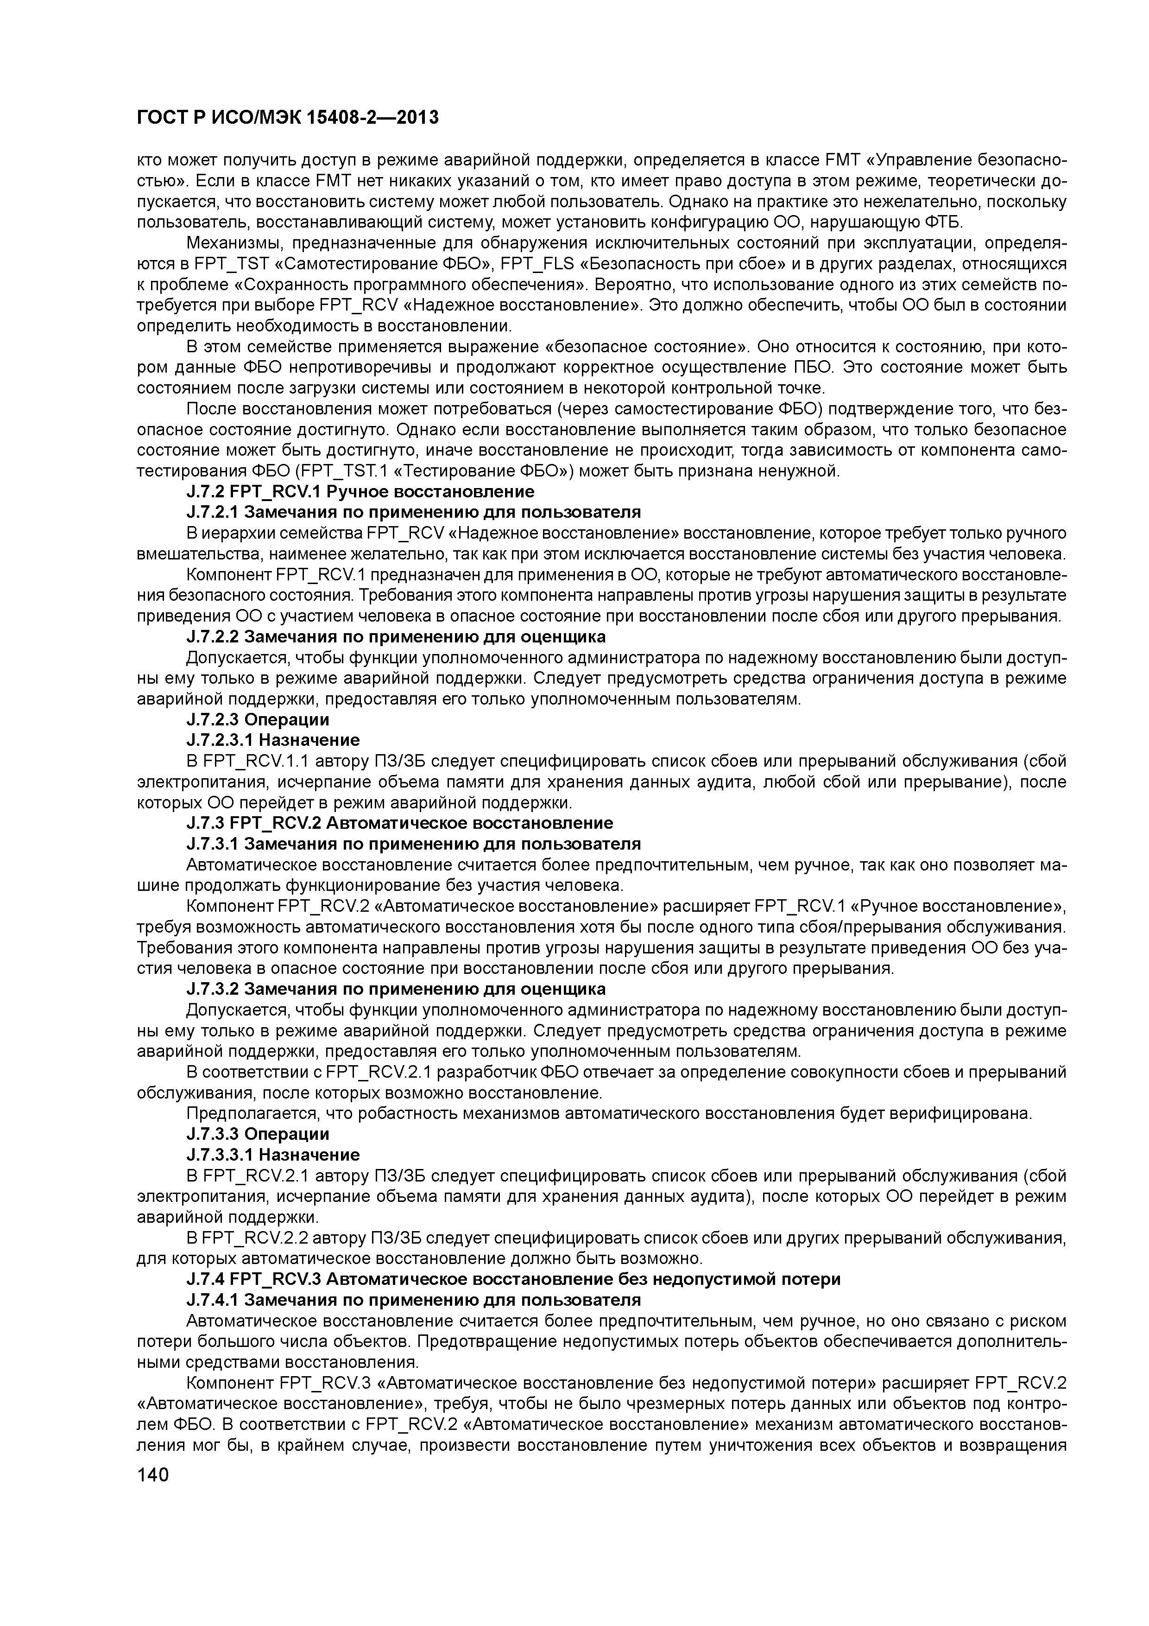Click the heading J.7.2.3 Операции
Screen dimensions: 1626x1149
(x=258, y=719)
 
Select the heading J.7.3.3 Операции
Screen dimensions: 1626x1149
(x=258, y=1134)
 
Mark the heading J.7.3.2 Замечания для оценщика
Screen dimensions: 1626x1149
(x=396, y=989)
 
